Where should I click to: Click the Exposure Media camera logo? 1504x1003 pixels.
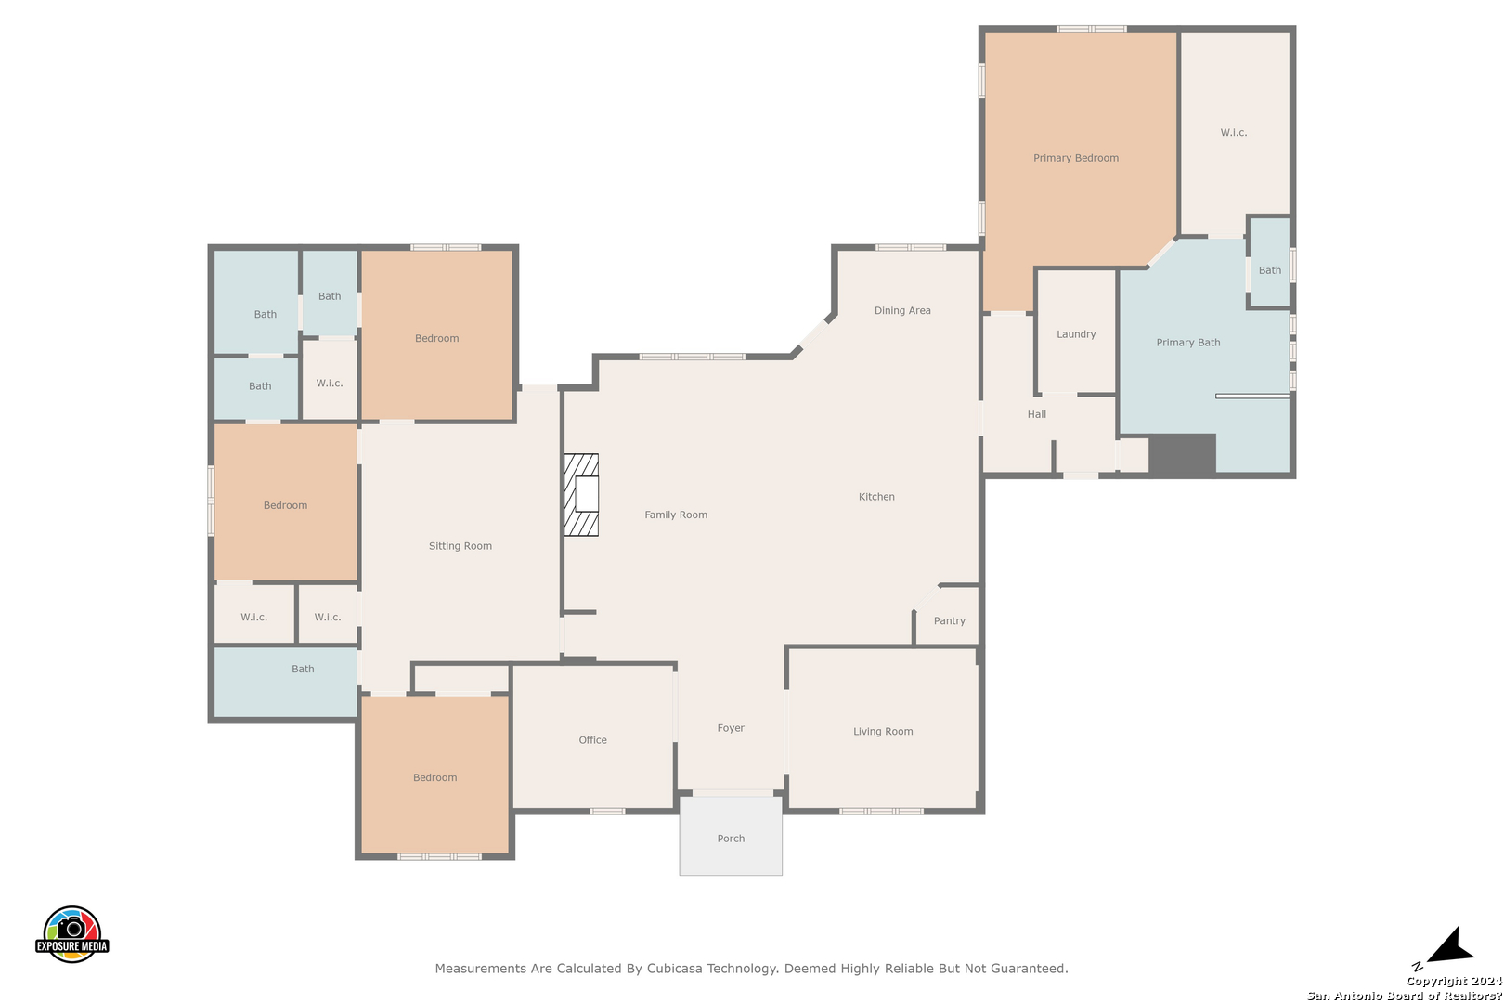pos(71,933)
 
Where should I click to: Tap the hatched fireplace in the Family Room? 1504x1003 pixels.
pos(581,495)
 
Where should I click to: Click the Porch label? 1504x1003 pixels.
pos(731,839)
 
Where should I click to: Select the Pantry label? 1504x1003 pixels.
pos(950,620)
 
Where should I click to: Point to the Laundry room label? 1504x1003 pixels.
pos(1076,334)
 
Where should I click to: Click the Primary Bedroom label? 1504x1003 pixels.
pos(1076,158)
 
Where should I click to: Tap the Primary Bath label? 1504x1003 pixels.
pos(1187,343)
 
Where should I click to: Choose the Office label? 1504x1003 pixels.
pos(592,739)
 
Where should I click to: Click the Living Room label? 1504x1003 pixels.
pos(883,732)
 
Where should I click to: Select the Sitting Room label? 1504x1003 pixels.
pos(460,546)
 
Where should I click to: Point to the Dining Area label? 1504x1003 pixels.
pos(902,310)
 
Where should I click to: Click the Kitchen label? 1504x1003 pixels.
pos(876,497)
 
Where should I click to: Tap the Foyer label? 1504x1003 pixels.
pos(731,728)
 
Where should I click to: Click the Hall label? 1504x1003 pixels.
pos(1037,414)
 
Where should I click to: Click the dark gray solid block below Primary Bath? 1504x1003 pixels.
pos(1183,455)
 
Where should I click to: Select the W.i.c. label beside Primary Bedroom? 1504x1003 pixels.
pos(1234,133)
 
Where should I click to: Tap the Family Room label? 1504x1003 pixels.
pos(676,515)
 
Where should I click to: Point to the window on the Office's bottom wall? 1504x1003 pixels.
pos(608,812)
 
